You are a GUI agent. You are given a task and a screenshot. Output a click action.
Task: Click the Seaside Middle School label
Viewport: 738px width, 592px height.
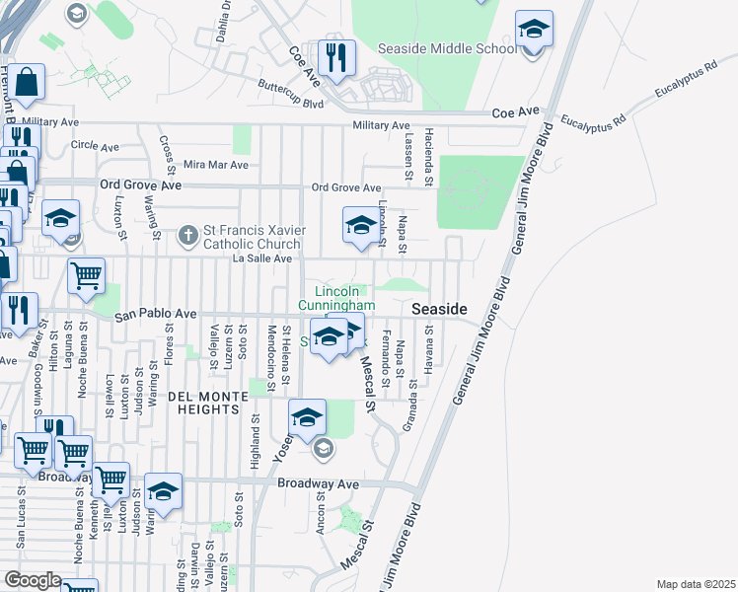(447, 48)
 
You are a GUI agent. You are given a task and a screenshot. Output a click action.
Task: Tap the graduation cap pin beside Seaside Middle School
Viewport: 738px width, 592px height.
(534, 32)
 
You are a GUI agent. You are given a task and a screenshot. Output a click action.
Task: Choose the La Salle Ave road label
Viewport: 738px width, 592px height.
(261, 259)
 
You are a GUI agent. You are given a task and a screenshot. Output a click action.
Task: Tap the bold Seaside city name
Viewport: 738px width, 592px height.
(439, 309)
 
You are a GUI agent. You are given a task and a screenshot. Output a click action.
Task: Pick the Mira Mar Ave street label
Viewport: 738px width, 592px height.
(215, 165)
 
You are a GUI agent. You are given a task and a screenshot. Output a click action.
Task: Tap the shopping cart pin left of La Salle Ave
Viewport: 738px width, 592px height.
(86, 276)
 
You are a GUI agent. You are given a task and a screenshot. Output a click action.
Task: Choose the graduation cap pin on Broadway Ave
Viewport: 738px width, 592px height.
(163, 492)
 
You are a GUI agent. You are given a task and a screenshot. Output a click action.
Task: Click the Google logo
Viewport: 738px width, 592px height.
(33, 580)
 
